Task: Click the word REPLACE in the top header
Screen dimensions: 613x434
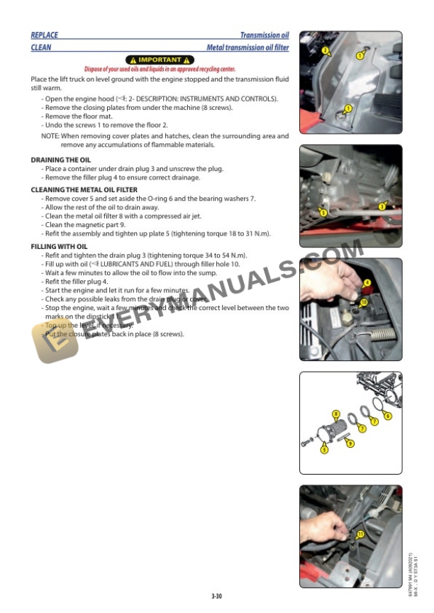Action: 45,35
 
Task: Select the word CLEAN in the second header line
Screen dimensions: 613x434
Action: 41,48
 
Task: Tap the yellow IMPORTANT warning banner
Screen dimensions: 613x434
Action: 160,60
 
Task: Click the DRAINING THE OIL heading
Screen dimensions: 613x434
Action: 61,160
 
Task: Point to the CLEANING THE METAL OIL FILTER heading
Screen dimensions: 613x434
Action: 84,190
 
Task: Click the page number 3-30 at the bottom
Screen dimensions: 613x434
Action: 216,597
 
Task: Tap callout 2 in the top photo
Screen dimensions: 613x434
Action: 325,50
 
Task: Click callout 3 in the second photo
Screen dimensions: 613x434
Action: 382,206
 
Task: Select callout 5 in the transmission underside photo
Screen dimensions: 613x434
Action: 323,212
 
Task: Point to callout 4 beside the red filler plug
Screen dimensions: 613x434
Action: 367,282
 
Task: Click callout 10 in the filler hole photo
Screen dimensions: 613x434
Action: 364,302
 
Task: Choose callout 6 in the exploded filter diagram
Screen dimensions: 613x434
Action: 387,416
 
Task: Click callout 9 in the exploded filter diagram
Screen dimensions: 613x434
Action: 350,443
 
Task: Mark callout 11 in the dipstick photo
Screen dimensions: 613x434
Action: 360,534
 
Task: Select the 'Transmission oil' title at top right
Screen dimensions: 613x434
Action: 264,35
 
